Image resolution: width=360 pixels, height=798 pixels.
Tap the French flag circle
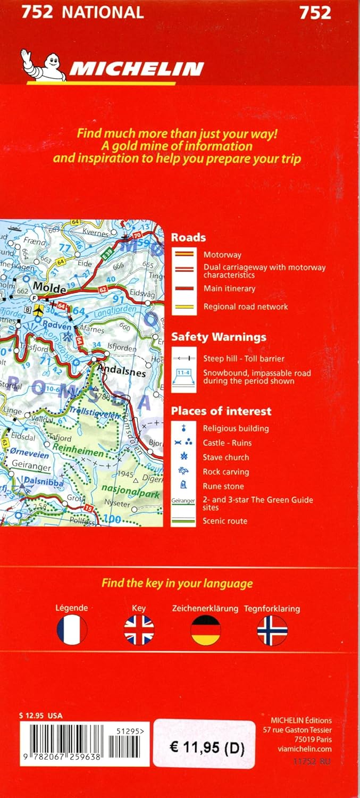click(72, 630)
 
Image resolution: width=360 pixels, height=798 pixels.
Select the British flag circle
click(139, 630)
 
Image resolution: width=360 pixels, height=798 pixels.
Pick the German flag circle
click(206, 630)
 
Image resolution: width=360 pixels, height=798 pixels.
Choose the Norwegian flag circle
click(272, 630)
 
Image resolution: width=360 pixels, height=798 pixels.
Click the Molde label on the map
click(52, 288)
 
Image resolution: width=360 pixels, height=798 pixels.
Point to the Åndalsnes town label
click(121, 372)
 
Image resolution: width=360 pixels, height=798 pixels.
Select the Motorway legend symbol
click(184, 255)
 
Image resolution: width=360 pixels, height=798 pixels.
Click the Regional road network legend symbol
click(184, 306)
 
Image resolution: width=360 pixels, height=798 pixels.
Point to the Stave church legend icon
click(184, 457)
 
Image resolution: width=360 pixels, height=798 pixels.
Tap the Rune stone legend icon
click(184, 485)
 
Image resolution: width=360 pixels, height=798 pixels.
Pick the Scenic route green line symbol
click(184, 521)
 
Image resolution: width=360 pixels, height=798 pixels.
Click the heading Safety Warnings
click(219, 337)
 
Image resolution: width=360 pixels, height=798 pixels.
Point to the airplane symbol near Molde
click(38, 310)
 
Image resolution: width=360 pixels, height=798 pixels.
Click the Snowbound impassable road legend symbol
click(184, 377)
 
